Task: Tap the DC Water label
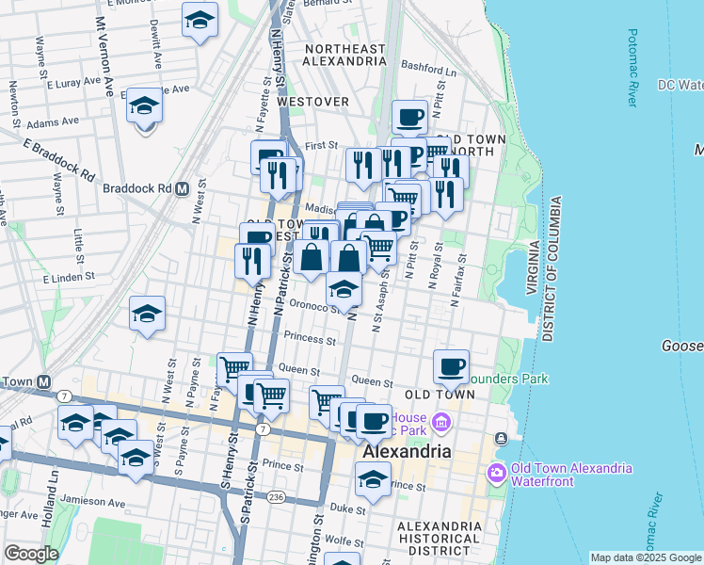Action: coord(680,85)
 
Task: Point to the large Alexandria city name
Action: coord(408,452)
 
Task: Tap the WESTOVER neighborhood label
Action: coord(314,102)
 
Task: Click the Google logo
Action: coord(30,554)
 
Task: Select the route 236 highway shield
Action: coord(275,496)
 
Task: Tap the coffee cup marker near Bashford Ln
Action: coord(409,117)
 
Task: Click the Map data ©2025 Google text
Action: coord(644,557)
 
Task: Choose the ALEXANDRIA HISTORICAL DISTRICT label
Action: coord(440,538)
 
